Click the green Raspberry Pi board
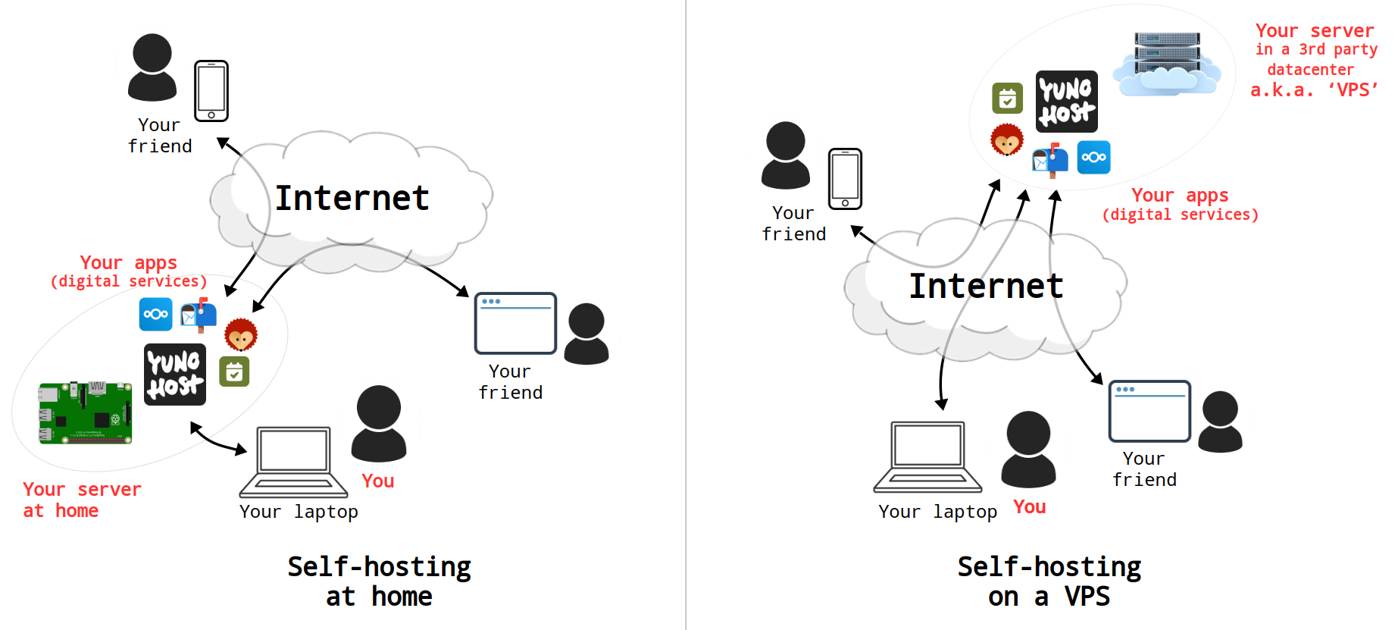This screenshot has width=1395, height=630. [x=85, y=412]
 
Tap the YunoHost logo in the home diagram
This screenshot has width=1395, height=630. [x=175, y=374]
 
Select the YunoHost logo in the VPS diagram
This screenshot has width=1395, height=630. [x=1066, y=102]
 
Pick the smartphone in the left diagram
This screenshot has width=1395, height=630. [x=211, y=91]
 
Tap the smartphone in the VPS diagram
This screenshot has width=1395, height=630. [x=845, y=179]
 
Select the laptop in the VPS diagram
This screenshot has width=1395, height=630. [x=927, y=456]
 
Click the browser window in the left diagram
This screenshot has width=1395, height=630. [x=515, y=324]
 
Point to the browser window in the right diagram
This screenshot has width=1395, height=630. [x=1149, y=411]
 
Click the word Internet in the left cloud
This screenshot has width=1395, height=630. [x=352, y=199]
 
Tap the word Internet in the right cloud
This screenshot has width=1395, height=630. [x=986, y=287]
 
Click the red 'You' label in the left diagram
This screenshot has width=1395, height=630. [x=377, y=481]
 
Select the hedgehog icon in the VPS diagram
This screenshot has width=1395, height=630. [x=1007, y=139]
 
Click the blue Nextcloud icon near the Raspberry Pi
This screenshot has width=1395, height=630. [x=156, y=314]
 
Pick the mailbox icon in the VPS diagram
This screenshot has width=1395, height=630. [x=1050, y=159]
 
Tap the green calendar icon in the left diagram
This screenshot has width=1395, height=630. [x=234, y=371]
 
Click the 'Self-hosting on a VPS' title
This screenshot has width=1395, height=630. [x=1049, y=581]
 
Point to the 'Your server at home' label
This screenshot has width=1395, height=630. [x=81, y=500]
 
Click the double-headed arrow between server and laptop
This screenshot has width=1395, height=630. [x=217, y=439]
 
